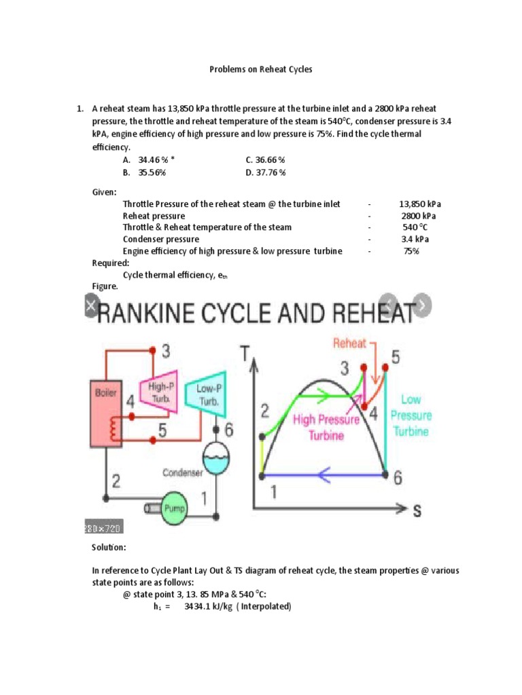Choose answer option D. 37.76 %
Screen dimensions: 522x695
266,172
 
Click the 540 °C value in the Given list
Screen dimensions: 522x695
415,227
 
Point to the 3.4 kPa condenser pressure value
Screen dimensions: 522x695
415,239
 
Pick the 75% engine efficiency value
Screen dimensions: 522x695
411,251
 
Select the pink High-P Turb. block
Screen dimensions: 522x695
157,392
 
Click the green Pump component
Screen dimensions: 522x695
175,510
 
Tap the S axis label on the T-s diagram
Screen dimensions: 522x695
417,510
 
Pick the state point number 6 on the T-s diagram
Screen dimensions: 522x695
398,477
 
